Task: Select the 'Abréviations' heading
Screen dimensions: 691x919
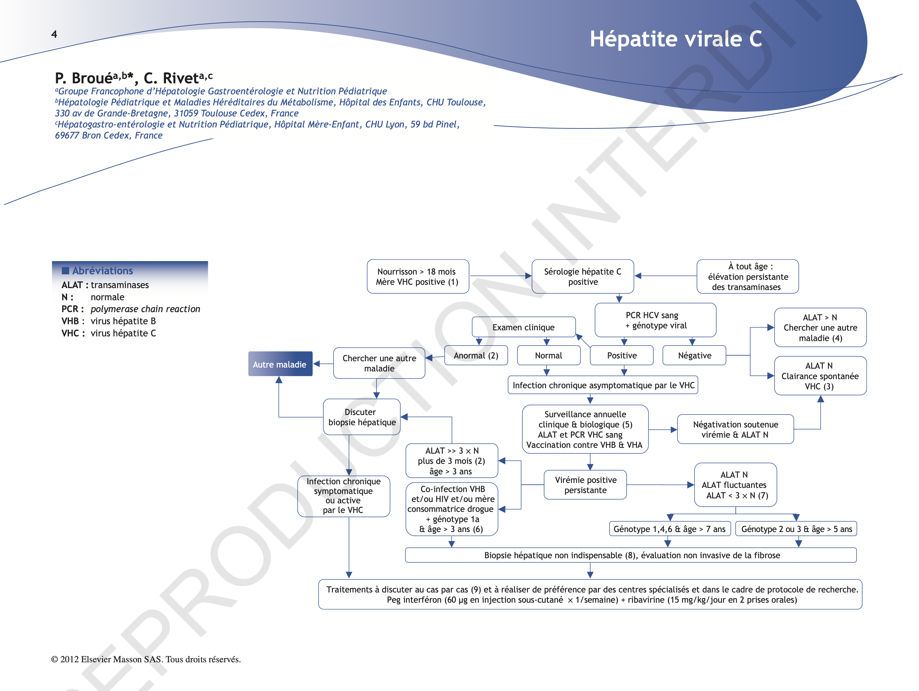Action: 102,271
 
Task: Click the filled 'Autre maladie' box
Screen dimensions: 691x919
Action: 280,364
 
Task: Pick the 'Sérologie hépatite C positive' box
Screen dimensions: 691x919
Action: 582,277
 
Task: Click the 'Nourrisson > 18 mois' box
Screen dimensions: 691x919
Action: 417,277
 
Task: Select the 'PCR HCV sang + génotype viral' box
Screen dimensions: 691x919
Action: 655,320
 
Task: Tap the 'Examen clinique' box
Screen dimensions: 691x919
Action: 523,327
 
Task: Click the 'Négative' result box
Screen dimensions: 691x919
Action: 694,355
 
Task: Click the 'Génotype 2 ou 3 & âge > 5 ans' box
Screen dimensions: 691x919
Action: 796,529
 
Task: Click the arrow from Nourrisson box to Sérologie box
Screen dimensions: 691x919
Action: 500,276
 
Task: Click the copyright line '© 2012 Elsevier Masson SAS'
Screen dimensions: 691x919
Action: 146,660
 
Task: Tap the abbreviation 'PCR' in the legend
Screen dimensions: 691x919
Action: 70,309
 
